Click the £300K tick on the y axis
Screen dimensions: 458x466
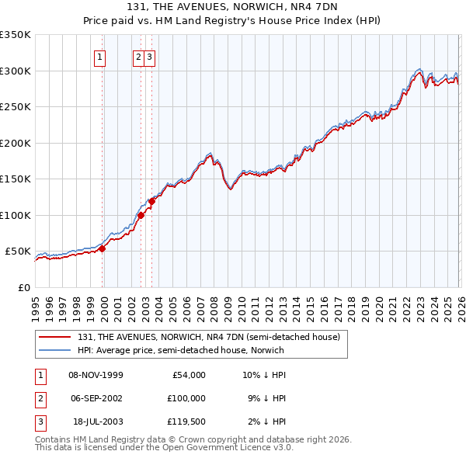16,71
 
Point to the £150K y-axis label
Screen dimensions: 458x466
16,179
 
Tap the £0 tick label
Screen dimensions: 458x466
23,287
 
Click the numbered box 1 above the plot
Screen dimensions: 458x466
101,56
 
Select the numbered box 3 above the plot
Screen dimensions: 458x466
150,56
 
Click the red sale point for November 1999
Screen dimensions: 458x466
102,248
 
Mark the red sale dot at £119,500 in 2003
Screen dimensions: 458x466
151,201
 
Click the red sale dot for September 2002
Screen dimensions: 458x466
140,215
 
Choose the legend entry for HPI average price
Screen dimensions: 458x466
180,350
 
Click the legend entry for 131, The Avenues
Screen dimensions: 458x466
208,337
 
